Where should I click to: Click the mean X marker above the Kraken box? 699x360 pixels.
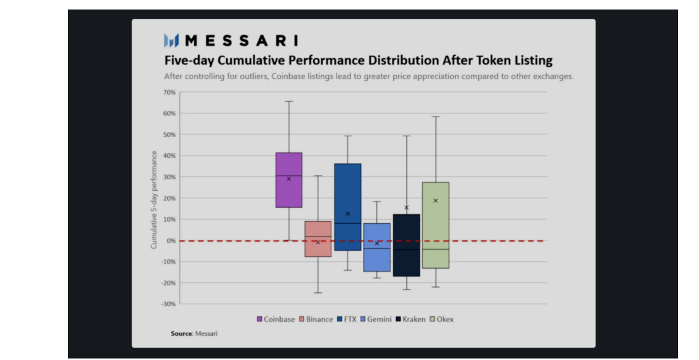(x=406, y=207)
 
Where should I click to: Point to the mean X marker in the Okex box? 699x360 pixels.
(x=435, y=200)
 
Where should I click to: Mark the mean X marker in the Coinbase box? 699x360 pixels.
(x=289, y=179)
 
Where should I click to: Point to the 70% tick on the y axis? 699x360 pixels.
(x=169, y=93)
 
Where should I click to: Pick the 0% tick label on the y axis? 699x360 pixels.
(x=170, y=241)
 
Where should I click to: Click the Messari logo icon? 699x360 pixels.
(x=171, y=41)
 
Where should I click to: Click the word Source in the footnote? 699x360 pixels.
(x=181, y=333)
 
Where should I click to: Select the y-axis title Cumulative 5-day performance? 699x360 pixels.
(x=154, y=198)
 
